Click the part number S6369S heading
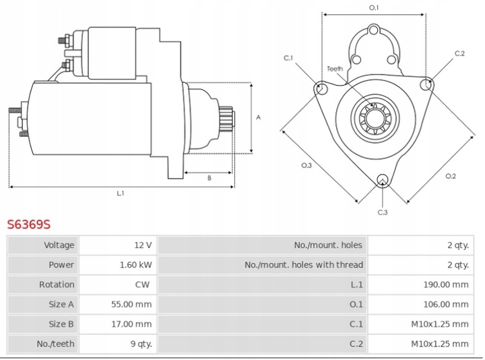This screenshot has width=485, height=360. pyautogui.click(x=29, y=224)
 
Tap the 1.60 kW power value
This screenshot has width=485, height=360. pyautogui.click(x=137, y=265)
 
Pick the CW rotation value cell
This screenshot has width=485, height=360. pyautogui.click(x=142, y=284)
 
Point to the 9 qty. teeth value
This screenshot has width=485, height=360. pyautogui.click(x=141, y=344)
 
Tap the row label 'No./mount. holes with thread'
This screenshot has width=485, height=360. pyautogui.click(x=304, y=265)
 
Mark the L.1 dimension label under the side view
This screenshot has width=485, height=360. pyautogui.click(x=121, y=194)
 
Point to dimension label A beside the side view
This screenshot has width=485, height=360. pyautogui.click(x=259, y=117)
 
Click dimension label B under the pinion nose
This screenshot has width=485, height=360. pyautogui.click(x=209, y=179)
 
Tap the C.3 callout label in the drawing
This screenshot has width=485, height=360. pyautogui.click(x=382, y=212)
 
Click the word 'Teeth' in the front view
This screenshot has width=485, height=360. pyautogui.click(x=335, y=69)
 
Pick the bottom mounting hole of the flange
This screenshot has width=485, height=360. pyautogui.click(x=383, y=179)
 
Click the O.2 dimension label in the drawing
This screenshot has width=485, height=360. pyautogui.click(x=451, y=177)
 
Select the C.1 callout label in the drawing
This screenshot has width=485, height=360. pyautogui.click(x=288, y=58)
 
